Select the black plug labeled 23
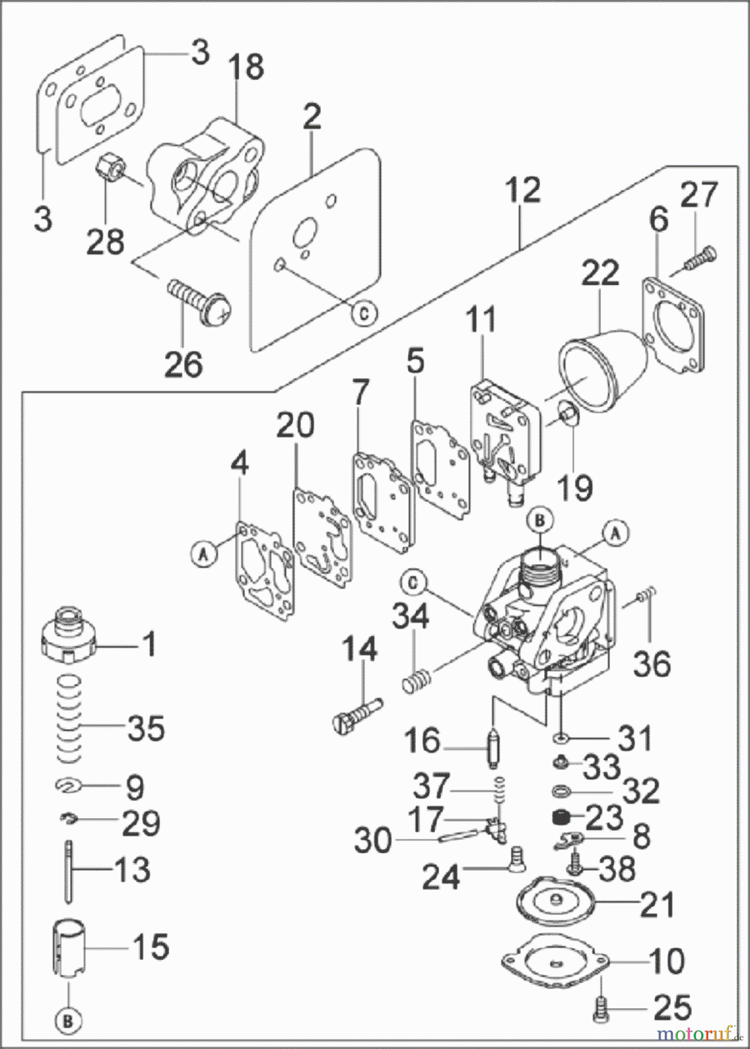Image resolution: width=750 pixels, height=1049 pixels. (561, 818)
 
